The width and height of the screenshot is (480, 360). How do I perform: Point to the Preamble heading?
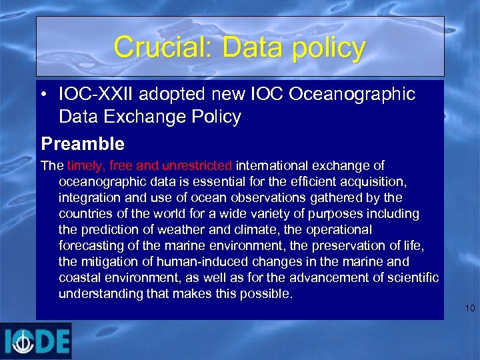83,143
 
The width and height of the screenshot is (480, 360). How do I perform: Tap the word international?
273,165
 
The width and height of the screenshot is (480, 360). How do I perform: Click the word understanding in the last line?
98,294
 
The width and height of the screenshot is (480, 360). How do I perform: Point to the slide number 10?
469,308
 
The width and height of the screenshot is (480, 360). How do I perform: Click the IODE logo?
36,341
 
